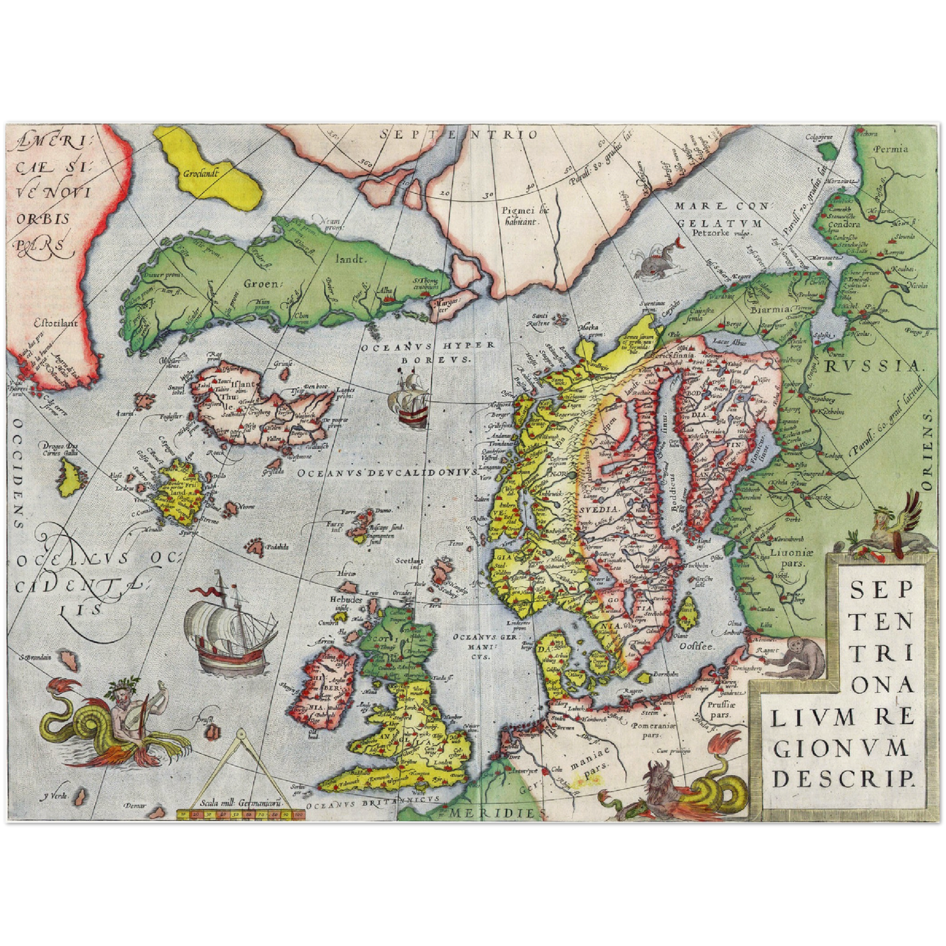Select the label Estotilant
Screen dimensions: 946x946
coord(57,322)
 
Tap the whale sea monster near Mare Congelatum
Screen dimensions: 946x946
coord(656,259)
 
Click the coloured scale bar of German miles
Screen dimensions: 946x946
coord(242,814)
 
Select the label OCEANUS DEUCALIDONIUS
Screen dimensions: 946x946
coord(387,473)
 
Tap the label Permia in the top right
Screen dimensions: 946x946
coord(891,149)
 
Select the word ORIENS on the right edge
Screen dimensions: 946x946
coord(927,451)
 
